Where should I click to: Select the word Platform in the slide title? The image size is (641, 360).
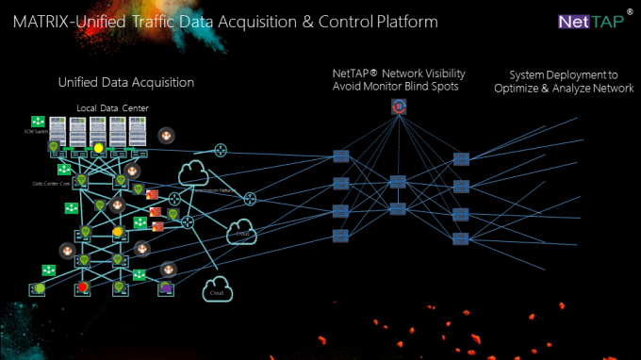coord(403,20)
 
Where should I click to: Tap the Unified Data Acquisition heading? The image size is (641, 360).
coord(125,82)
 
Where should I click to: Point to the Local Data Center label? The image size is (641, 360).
coord(111,109)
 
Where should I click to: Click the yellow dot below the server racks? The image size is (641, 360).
coord(98,148)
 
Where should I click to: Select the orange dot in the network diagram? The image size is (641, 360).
coord(118,231)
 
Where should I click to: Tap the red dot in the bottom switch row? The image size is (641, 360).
coord(83,286)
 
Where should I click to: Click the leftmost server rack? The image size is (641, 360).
coord(58,133)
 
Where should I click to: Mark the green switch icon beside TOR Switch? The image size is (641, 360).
coord(38,122)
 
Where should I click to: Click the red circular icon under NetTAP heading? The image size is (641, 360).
coord(399,108)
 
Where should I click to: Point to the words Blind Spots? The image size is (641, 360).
coord(433,87)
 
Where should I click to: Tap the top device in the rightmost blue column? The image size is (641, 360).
coord(461,158)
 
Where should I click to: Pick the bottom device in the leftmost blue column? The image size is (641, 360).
coord(341,236)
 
